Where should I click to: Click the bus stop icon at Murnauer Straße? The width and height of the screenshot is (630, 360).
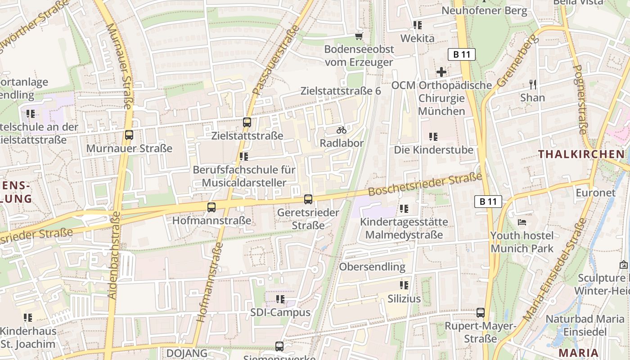pos(129,135)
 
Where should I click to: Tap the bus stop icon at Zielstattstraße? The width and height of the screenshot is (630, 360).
pos(247,122)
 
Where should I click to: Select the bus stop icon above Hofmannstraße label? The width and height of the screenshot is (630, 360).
pos(211,207)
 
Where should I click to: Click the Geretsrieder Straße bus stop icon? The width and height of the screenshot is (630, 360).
pos(308,199)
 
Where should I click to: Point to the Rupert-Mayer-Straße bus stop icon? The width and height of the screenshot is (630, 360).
pos(481,312)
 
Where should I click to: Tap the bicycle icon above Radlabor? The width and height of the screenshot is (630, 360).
pos(342,130)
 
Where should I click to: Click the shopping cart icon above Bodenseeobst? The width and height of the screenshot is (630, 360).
pos(359,36)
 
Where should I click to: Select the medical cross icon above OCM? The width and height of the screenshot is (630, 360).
pos(441,72)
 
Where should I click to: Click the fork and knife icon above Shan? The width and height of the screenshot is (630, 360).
pos(533,84)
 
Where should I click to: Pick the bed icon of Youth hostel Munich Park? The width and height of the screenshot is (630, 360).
pos(522,222)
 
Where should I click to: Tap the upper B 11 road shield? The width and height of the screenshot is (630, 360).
pos(462,54)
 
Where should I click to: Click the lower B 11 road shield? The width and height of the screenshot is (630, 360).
pos(488,201)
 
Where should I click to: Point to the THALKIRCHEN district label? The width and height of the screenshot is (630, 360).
pos(581,154)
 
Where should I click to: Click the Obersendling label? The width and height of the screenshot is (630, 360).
pos(372,266)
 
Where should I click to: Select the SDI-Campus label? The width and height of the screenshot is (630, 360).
pos(280,312)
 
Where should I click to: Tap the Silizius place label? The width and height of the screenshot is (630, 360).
pos(404,299)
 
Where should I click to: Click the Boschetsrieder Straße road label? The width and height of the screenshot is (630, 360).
pos(425,185)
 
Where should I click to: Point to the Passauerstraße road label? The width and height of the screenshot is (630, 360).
pos(276,60)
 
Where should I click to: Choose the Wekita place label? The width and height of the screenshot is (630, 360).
pos(417,38)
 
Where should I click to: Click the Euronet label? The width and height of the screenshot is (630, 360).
pos(595,193)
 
